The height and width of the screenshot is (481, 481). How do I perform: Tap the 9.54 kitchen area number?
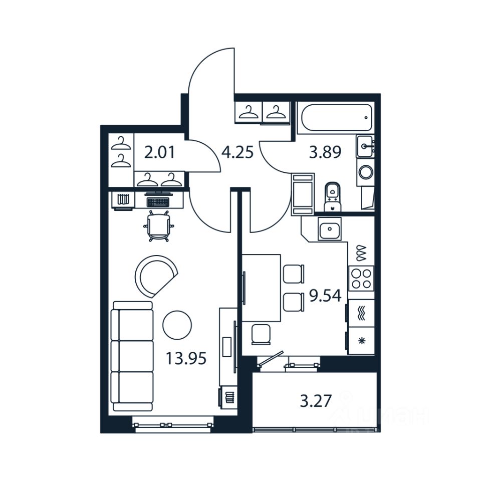point(325,296)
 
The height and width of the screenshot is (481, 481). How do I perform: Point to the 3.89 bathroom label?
point(325,152)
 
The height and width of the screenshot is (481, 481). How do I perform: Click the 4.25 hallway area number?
point(237,152)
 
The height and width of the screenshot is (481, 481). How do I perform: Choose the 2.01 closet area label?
point(159,152)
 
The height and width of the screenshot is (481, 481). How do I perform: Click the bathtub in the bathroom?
point(336,118)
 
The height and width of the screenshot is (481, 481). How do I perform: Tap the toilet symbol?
point(331,196)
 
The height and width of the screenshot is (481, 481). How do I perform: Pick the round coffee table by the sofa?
point(177,325)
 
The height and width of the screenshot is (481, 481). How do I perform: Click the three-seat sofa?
point(133,356)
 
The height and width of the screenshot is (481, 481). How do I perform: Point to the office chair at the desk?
point(158,225)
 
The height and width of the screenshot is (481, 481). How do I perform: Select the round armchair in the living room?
point(156,276)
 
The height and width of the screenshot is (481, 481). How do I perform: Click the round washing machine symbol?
point(366,172)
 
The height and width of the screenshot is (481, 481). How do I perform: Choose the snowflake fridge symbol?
point(361,341)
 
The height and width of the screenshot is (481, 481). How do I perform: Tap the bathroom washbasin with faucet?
point(366,146)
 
